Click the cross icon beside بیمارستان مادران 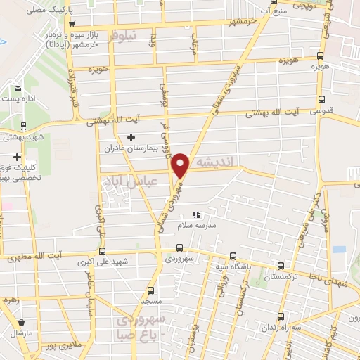coord(131,137)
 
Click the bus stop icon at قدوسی coord(321,100)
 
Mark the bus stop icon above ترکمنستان coord(281,266)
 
